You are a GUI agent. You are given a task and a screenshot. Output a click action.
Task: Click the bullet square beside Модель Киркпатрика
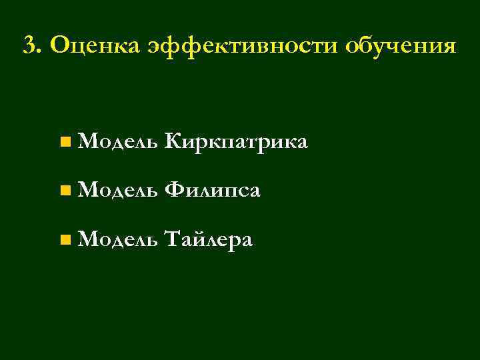(x=63, y=142)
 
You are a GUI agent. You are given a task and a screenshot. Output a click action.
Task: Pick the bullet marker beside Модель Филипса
(x=63, y=191)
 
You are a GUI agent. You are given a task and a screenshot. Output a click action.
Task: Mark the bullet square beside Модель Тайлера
(x=63, y=239)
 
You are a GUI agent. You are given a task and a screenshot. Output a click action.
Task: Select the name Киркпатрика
(x=236, y=141)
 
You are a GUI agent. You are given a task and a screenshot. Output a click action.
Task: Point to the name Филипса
(x=213, y=190)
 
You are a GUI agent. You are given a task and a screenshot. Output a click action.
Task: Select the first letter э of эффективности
(x=155, y=47)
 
